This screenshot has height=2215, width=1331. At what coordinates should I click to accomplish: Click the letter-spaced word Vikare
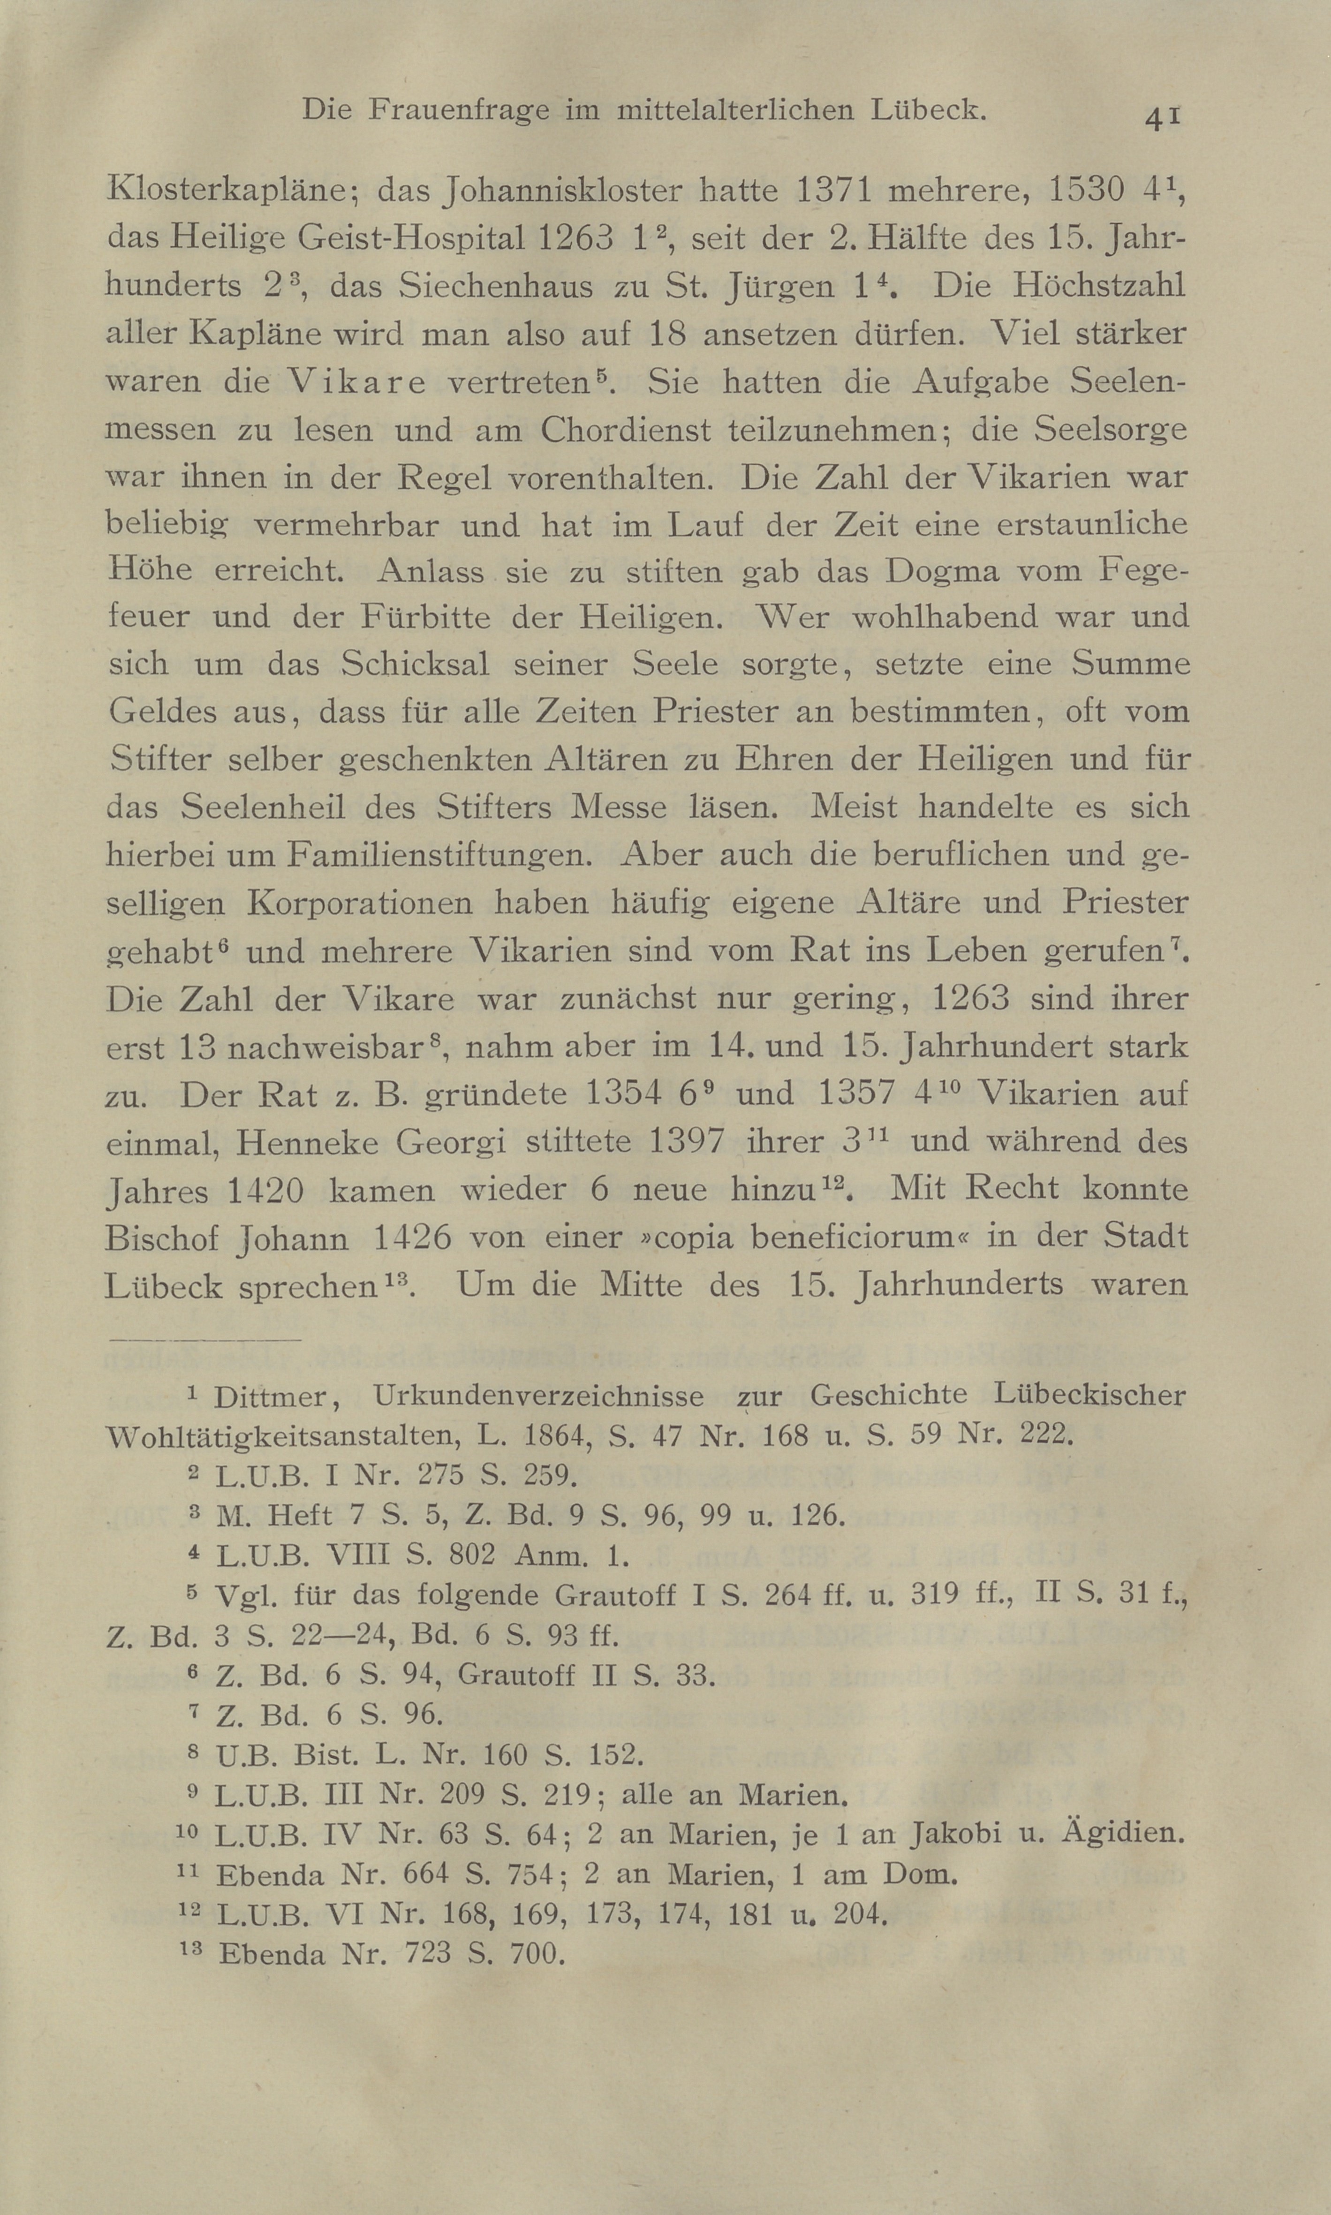(357, 383)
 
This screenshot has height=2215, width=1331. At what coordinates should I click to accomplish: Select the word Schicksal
(415, 665)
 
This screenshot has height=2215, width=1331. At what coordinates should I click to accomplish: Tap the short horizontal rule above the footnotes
(204, 1341)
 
